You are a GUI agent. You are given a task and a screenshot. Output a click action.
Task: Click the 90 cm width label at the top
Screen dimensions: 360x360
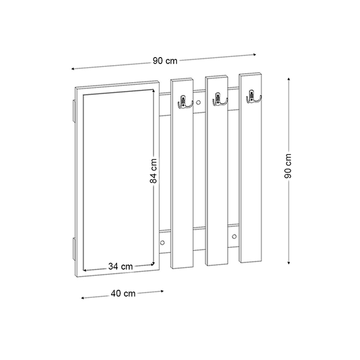point(165,61)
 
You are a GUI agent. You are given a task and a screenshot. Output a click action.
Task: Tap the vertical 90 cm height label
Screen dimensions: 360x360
point(288,167)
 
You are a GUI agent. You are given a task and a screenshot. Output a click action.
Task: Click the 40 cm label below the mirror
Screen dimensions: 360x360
point(123,293)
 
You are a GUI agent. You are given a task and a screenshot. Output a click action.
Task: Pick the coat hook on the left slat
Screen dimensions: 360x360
point(185,102)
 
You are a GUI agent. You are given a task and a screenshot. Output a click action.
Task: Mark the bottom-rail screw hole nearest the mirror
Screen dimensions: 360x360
point(163,242)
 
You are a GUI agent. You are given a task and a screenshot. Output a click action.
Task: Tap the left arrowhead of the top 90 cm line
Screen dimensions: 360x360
point(73,68)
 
